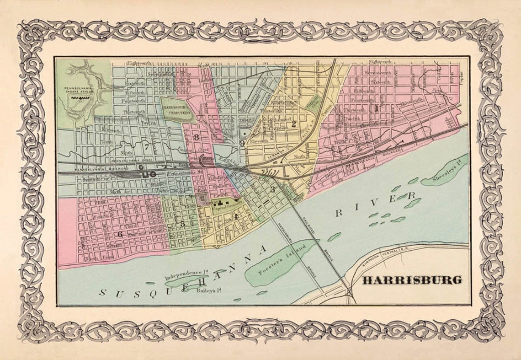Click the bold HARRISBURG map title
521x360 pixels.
pyautogui.click(x=412, y=280)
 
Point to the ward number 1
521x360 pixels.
pyautogui.click(x=376, y=108)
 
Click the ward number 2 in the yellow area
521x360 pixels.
pyautogui.click(x=294, y=124)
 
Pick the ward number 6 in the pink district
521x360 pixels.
pyautogui.click(x=121, y=234)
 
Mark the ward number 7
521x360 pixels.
pyautogui.click(x=146, y=147)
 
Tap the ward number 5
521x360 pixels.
pyautogui.click(x=182, y=224)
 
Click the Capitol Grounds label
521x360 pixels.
pyautogui.click(x=223, y=206)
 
